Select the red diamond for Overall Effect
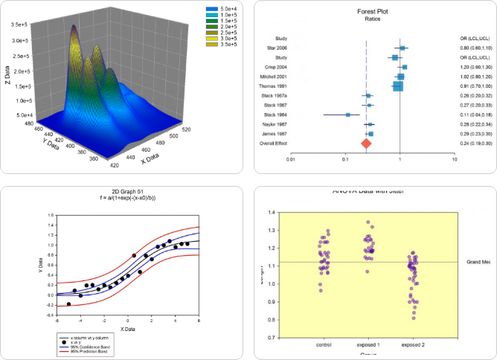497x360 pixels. (x=366, y=142)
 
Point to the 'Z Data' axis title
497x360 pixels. (x=7, y=72)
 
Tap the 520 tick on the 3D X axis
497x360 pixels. (x=191, y=129)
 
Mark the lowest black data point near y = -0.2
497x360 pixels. (x=68, y=304)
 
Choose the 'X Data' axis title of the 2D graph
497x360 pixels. (x=128, y=328)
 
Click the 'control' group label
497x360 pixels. (x=324, y=345)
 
